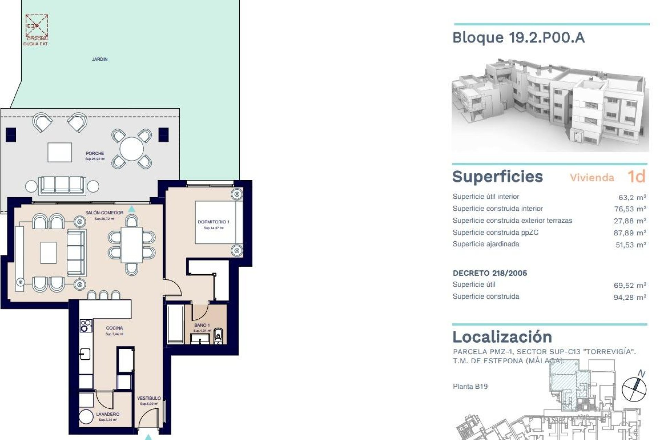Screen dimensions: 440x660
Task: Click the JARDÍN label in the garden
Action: [100, 59]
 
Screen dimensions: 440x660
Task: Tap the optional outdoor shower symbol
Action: [37, 26]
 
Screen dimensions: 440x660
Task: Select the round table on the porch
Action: [132, 149]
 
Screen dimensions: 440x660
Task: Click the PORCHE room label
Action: [95, 153]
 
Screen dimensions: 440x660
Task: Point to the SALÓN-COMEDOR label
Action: [104, 213]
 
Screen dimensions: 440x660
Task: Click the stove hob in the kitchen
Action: [86, 326]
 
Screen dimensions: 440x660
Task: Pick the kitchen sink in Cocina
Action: [85, 354]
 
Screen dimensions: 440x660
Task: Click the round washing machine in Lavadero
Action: [86, 417]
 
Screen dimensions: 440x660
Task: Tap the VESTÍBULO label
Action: [149, 398]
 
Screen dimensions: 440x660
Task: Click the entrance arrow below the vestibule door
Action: [148, 437]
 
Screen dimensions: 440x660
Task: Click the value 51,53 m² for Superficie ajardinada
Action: [630, 245]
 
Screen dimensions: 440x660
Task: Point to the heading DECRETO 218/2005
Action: [489, 273]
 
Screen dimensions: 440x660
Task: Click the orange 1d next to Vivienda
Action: [636, 177]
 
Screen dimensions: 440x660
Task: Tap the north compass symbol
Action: [634, 389]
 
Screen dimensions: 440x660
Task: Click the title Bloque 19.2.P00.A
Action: [518, 37]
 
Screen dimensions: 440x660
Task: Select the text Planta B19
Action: [470, 386]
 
